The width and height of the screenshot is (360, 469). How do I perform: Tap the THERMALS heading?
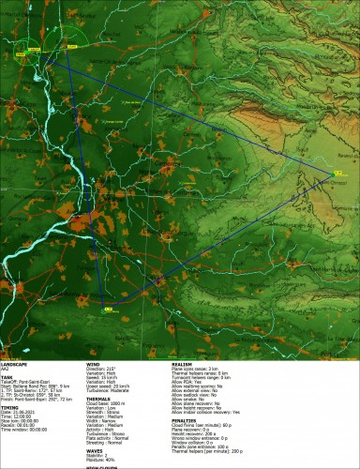coord(98,399)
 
